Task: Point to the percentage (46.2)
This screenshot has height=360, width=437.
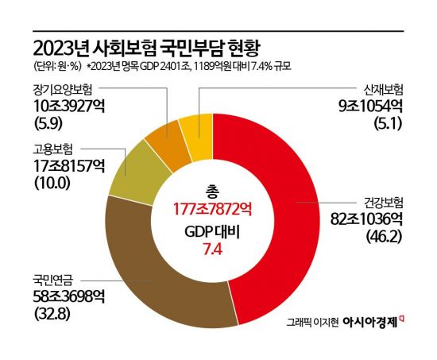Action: point(379,235)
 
